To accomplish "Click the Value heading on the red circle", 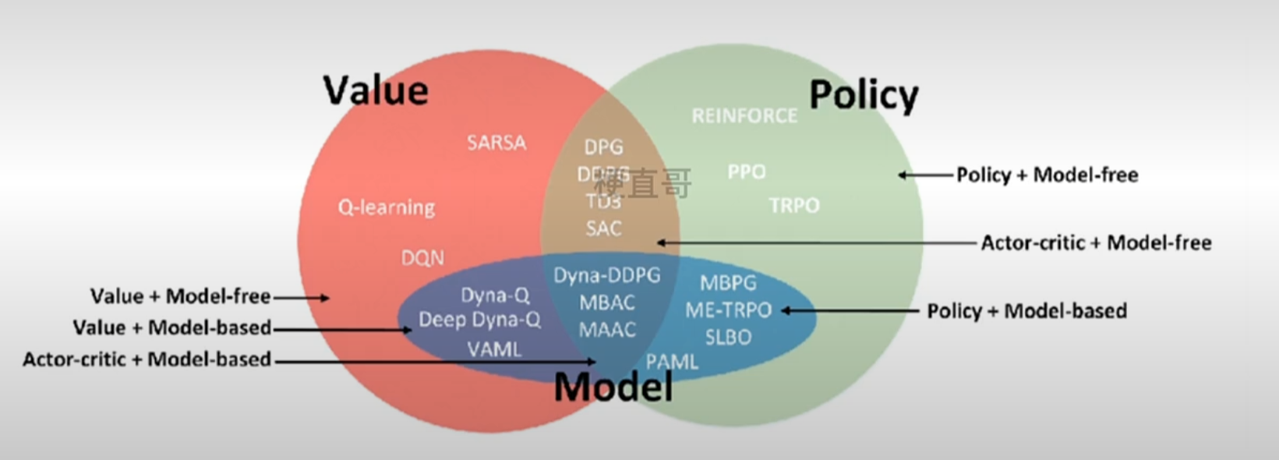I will [x=376, y=91].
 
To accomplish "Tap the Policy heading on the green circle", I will [x=864, y=96].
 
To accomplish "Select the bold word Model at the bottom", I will [x=613, y=387].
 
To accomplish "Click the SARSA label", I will [x=496, y=143].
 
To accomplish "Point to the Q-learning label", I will [x=387, y=207].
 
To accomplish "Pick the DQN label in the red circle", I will [x=422, y=258].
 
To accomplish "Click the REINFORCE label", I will [x=744, y=116].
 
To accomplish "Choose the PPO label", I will [x=746, y=172].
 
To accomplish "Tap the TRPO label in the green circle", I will [x=794, y=205].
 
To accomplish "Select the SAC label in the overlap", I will [x=604, y=228].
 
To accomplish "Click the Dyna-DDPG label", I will [x=607, y=275].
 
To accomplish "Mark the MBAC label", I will [x=607, y=303].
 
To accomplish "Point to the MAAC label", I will [x=607, y=330].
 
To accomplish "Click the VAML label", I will [x=494, y=349].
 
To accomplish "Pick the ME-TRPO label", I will [x=728, y=310].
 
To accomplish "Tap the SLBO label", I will [x=728, y=337].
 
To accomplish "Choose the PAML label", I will [x=672, y=362].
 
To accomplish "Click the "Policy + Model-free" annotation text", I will [x=1047, y=175].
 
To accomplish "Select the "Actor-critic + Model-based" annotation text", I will [x=147, y=359].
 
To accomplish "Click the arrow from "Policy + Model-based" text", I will [x=850, y=310].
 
